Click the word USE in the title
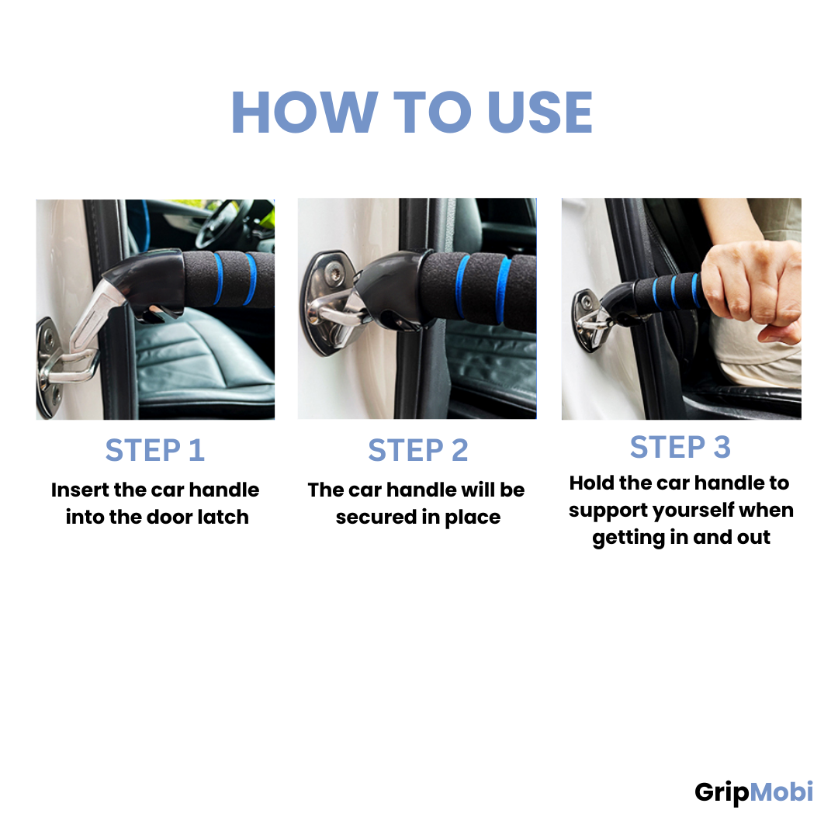point(540,113)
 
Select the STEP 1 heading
point(155,450)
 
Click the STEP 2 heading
point(418,450)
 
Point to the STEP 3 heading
point(680,447)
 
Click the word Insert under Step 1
point(80,490)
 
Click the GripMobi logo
point(753,792)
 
